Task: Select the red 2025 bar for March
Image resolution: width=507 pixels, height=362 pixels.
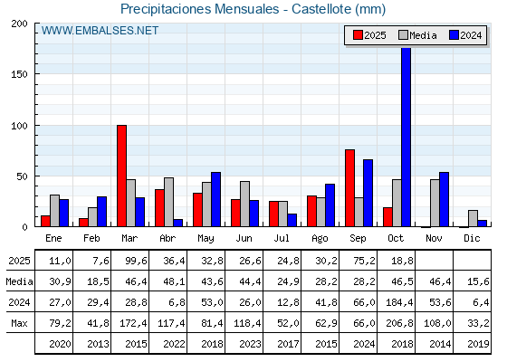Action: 121,176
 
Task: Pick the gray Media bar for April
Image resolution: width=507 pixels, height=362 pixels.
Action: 168,203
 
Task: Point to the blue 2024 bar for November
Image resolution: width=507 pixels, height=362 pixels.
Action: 444,200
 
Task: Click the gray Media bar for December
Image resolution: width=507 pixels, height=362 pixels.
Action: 473,219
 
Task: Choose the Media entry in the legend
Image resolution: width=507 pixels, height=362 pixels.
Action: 417,35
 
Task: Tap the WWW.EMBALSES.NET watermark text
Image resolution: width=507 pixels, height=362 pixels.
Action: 100,31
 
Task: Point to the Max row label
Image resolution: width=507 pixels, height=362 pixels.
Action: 18,324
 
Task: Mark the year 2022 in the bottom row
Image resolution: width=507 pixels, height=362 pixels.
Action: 169,345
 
